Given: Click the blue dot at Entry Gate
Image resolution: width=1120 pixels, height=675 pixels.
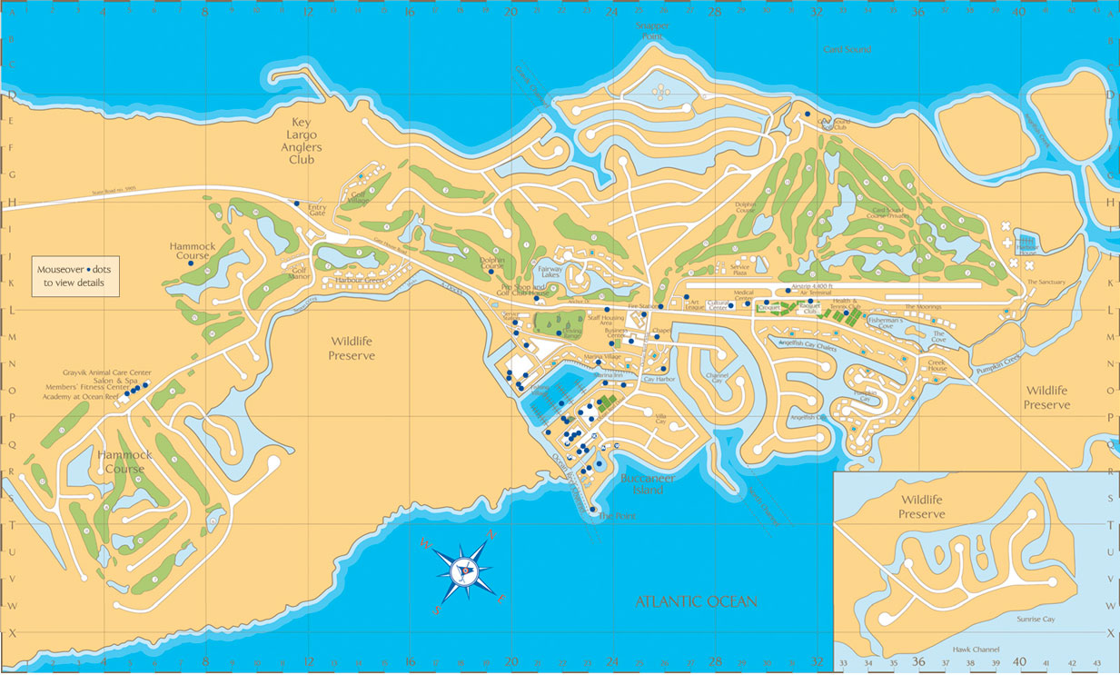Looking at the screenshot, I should point(296,203).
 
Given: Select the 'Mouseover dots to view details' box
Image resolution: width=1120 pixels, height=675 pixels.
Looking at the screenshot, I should point(75,276).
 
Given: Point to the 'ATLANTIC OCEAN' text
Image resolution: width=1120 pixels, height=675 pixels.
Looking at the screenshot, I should point(696,601).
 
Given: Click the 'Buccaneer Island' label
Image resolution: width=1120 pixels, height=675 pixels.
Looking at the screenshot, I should point(648,483).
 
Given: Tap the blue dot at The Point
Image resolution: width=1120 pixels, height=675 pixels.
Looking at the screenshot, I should point(593,510).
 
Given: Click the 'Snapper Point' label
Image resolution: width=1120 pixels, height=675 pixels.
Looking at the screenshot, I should point(655,31).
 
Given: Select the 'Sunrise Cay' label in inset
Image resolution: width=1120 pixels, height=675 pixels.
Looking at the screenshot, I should point(1036,619).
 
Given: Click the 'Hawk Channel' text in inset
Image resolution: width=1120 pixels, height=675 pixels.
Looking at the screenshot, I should point(976,649).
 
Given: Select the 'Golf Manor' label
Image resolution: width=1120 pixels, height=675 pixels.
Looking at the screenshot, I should point(300,273).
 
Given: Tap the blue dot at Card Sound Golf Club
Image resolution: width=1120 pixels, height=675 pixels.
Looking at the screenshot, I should point(807,114).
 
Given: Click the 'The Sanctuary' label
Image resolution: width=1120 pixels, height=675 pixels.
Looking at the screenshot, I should point(1045,283).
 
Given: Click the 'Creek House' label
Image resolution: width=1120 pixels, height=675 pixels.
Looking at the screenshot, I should point(937,364).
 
